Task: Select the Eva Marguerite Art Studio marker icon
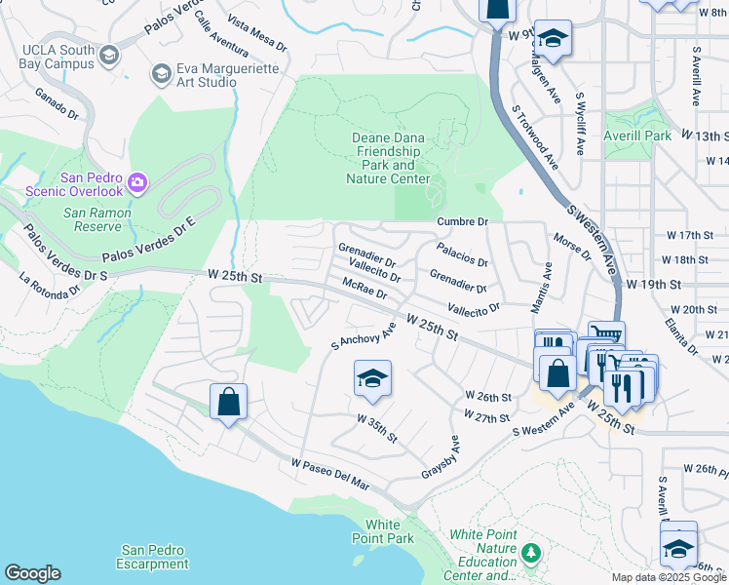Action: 161,74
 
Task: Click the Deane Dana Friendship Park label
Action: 389,158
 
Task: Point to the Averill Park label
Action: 637,136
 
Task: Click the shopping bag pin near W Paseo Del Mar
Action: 228,402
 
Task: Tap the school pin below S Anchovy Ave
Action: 372,378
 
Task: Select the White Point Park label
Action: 390,531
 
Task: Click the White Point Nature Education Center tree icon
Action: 531,554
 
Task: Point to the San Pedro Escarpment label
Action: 152,557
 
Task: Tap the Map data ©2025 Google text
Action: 668,577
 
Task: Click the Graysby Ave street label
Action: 441,455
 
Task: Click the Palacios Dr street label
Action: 462,255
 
